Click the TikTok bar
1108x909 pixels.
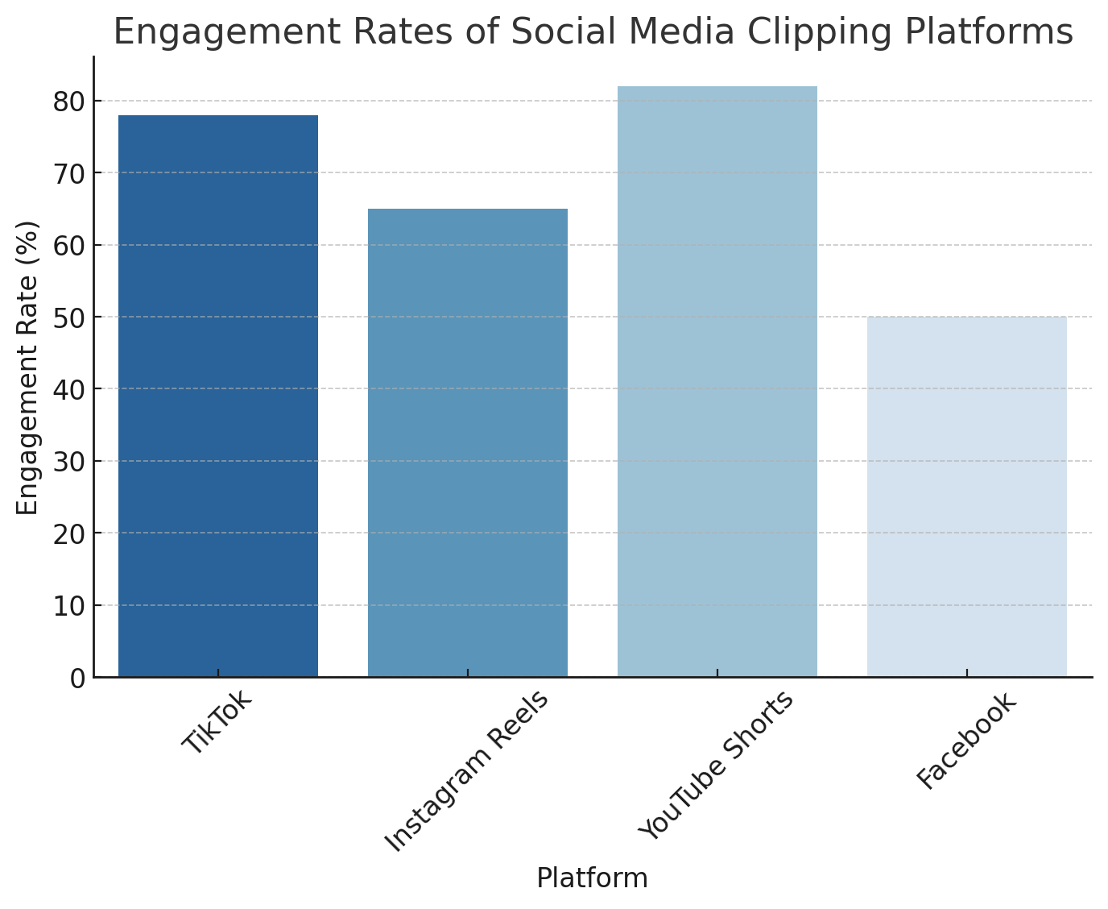[x=218, y=396]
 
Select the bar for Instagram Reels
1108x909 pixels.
[x=468, y=442]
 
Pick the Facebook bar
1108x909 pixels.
[x=967, y=496]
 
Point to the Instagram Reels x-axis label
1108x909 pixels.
[x=467, y=771]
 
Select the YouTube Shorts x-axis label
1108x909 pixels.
[x=716, y=766]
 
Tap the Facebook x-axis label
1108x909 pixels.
[x=967, y=741]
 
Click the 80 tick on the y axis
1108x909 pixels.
[x=69, y=102]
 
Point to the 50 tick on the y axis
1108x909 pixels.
[x=69, y=318]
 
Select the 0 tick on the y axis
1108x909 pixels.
[x=77, y=679]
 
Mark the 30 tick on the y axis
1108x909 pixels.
[x=69, y=462]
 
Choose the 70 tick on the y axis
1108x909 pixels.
[x=69, y=173]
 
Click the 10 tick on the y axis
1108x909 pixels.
[x=69, y=606]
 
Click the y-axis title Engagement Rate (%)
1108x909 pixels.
[x=28, y=367]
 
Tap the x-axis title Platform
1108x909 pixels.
[x=592, y=878]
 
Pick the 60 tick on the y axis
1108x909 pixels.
[x=69, y=246]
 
